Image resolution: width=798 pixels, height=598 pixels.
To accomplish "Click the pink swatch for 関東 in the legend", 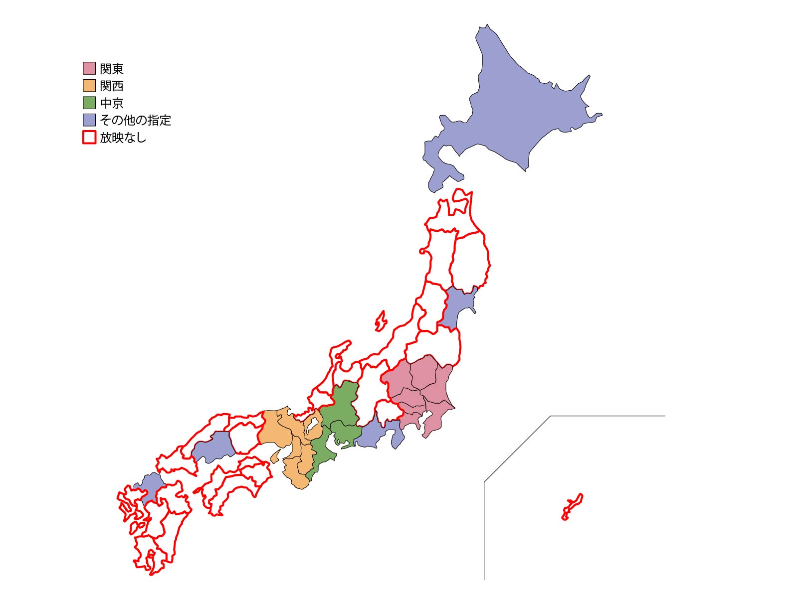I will click(89, 68).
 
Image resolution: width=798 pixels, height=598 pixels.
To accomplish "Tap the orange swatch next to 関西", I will click(89, 85).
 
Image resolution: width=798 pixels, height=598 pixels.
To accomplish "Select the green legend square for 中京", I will click(89, 103).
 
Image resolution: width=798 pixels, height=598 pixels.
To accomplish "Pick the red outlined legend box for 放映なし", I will click(89, 137).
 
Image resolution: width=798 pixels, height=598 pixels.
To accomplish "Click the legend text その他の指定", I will click(135, 120).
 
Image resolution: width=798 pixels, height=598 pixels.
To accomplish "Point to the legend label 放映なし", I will click(123, 138).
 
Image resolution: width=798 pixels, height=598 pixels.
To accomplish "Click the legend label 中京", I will click(112, 103).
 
